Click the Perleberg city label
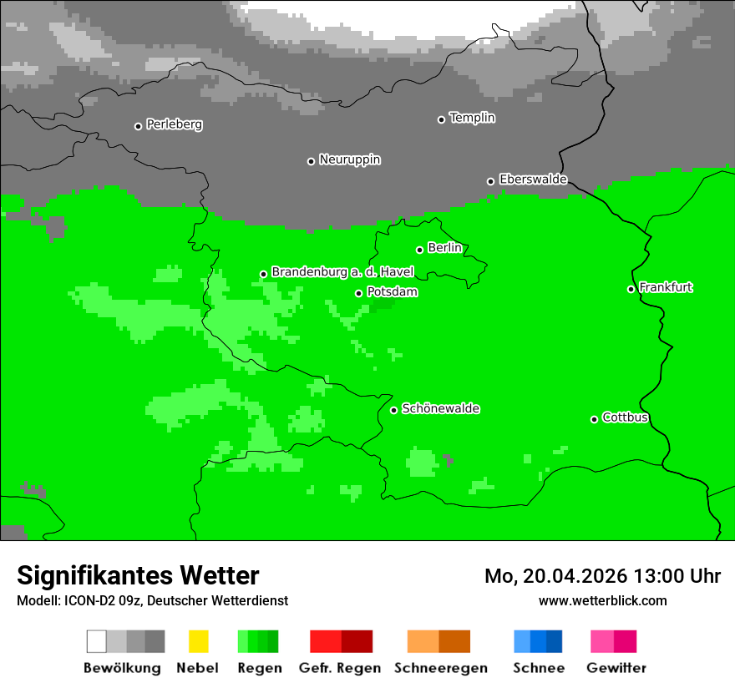pos(174,124)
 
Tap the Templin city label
pos(472,118)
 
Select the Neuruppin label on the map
pos(349,159)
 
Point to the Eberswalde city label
pos(533,180)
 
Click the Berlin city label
pos(444,248)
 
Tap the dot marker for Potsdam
pos(359,293)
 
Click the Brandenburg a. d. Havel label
pos(342,272)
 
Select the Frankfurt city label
pos(666,288)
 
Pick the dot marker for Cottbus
pos(595,419)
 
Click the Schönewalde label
pos(440,409)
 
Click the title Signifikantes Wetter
pos(138,576)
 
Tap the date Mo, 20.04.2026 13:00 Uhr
pos(602,576)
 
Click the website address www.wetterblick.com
pos(602,600)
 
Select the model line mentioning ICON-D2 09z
pos(152,600)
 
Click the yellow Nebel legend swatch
pos(198,641)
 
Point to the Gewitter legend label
pos(616,668)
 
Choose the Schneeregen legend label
pos(440,668)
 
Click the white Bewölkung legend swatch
pos(96,641)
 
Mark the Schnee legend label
pos(538,668)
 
